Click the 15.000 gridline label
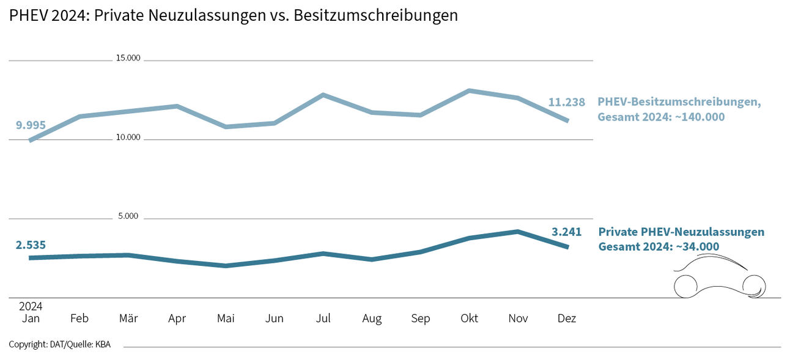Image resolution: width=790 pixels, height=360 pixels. click(128, 59)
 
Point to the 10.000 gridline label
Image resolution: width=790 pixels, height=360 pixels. click(128, 138)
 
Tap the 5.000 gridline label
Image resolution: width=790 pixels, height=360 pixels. click(128, 216)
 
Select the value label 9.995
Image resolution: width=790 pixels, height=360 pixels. click(31, 125)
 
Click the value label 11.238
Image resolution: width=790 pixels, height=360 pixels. click(566, 103)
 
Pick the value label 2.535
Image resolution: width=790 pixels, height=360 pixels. click(31, 245)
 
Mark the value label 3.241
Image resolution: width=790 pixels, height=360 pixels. click(566, 232)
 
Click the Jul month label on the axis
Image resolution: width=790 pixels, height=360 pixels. click(323, 318)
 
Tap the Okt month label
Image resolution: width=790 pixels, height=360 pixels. click(469, 318)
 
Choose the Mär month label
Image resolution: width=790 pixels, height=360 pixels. click(128, 318)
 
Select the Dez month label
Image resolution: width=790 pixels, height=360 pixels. click(567, 318)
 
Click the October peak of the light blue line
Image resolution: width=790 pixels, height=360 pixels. click(469, 90)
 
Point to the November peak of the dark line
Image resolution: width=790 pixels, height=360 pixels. click(518, 231)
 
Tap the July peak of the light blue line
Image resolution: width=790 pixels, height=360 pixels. click(323, 95)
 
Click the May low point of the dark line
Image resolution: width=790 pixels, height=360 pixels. click(226, 266)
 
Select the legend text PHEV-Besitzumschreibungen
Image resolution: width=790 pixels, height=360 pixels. click(679, 101)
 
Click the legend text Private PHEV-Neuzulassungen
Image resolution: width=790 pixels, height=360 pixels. click(681, 232)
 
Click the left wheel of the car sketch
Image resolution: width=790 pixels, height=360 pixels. click(685, 286)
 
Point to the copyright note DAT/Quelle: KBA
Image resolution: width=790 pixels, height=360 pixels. click(60, 345)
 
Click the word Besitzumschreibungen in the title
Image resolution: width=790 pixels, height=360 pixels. click(375, 16)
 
